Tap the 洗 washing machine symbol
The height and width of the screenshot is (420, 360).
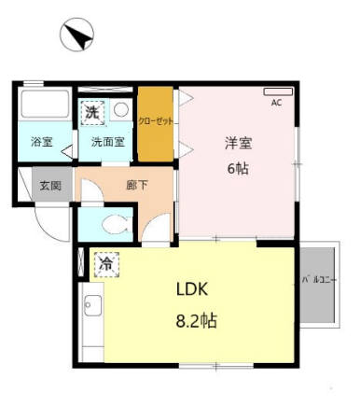click(91, 112)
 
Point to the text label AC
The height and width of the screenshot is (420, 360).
click(276, 104)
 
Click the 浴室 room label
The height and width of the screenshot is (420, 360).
click(41, 143)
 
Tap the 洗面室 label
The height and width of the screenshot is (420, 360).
click(107, 143)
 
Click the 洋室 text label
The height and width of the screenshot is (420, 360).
click(238, 144)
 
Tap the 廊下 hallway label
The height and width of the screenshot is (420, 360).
click(136, 185)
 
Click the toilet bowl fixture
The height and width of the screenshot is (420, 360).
click(114, 224)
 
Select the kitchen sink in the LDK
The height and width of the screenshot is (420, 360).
click(91, 305)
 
